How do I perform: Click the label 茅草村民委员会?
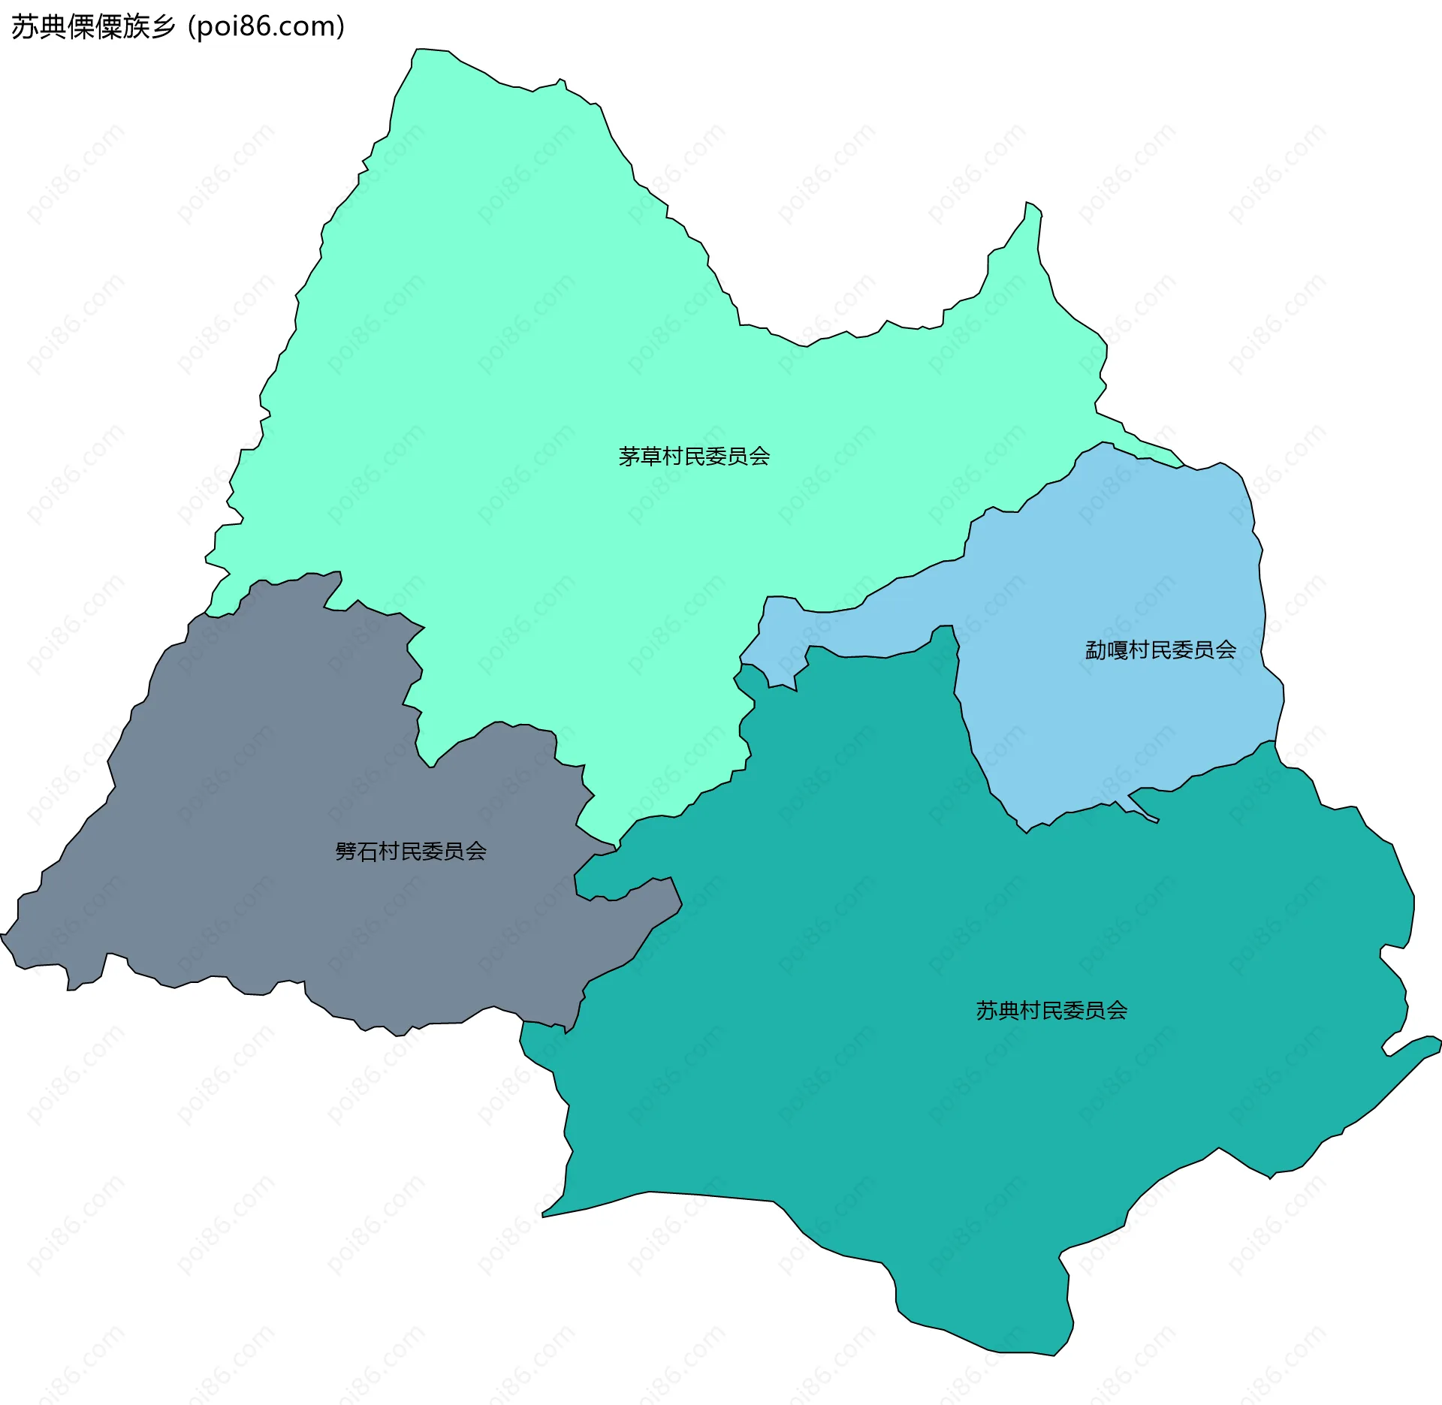(x=694, y=457)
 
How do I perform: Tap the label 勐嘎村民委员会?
(x=1160, y=650)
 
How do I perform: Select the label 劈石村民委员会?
(x=411, y=852)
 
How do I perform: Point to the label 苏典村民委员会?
(x=1051, y=1011)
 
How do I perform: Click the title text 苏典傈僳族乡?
(x=93, y=27)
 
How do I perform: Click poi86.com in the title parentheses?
(x=266, y=27)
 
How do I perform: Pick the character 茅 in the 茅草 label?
(x=629, y=457)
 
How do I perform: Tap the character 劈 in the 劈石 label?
(x=346, y=852)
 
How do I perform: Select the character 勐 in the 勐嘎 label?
(x=1096, y=650)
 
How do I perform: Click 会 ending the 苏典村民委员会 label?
(x=1117, y=1011)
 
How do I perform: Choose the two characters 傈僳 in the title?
(x=95, y=27)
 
